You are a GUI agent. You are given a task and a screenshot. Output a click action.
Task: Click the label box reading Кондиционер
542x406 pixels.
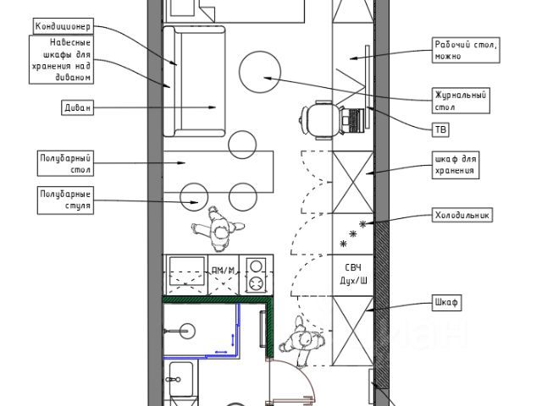(x=63, y=27)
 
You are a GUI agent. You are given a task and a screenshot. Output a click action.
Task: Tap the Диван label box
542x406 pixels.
(x=63, y=107)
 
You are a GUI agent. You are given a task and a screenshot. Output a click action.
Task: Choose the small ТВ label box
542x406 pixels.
(x=440, y=129)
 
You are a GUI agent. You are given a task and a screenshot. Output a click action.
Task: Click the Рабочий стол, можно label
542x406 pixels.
(x=465, y=51)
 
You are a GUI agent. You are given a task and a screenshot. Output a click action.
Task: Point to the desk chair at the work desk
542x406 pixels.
(x=318, y=120)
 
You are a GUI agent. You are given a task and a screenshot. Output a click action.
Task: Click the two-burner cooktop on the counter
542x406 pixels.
(x=255, y=275)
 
